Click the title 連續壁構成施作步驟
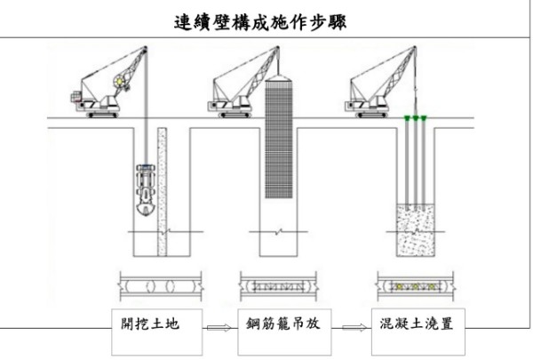[260, 22]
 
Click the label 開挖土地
[150, 324]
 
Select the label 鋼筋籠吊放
[283, 324]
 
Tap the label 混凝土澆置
[417, 324]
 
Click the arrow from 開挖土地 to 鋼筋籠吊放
[219, 328]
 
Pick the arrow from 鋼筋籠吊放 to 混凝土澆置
[354, 328]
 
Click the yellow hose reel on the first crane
[120, 82]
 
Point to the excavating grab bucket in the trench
[146, 189]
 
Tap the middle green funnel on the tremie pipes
[416, 118]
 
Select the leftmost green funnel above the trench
[407, 118]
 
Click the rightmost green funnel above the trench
[424, 118]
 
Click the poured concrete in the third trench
[416, 230]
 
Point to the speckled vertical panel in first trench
[163, 192]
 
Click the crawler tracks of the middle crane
[235, 115]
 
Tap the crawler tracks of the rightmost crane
[371, 115]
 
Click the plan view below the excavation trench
[161, 286]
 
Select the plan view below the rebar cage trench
[278, 286]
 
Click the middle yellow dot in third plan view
[415, 287]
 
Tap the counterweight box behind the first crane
[76, 97]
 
